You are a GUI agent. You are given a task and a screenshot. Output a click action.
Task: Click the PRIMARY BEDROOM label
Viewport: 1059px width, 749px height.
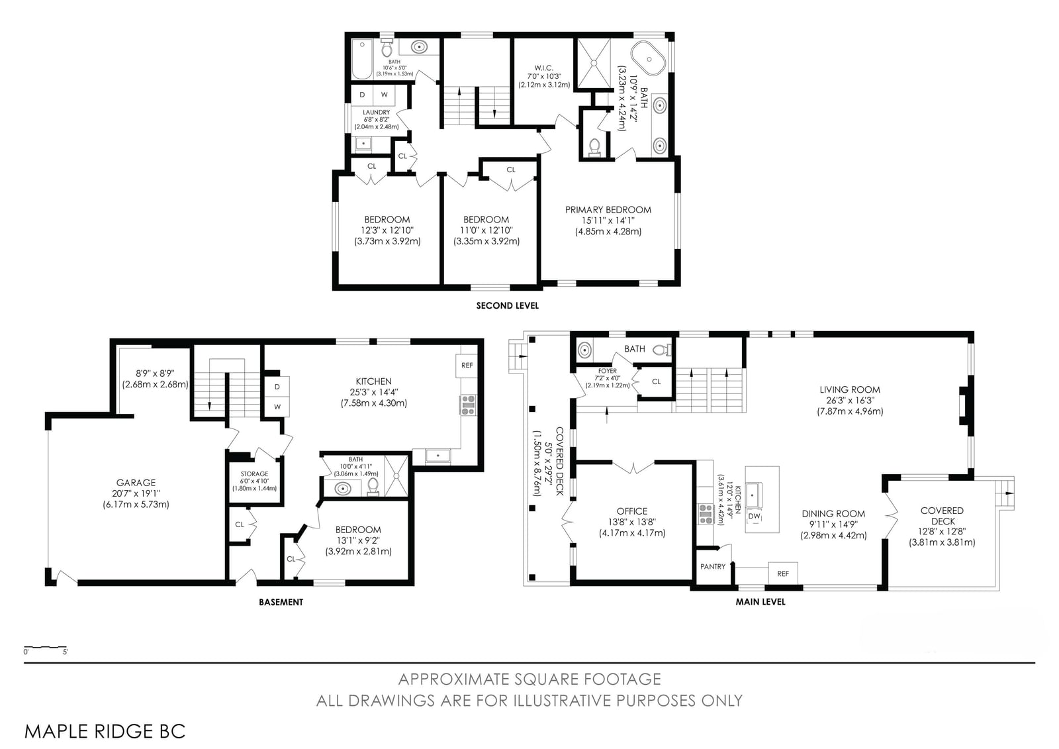coord(608,210)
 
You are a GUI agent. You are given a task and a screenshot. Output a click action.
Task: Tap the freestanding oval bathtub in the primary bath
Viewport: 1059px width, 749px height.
coord(649,59)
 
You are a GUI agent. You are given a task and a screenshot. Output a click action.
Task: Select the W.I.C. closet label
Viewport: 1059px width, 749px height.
coord(543,68)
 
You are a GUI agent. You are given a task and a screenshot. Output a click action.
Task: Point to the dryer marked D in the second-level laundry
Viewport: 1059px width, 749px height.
coord(362,95)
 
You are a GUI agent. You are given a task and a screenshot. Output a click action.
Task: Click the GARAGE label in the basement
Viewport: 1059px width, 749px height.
coord(136,483)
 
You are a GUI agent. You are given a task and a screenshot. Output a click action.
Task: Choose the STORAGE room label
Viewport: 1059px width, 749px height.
coord(254,474)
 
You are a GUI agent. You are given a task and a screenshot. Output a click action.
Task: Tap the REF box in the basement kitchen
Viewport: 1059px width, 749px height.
coord(467,366)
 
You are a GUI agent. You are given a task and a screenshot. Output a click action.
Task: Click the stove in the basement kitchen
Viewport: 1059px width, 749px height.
coord(468,405)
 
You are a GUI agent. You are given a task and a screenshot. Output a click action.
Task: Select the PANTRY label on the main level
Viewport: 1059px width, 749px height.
coord(712,566)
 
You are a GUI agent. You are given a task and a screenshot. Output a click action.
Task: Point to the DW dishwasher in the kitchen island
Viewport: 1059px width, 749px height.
coord(754,516)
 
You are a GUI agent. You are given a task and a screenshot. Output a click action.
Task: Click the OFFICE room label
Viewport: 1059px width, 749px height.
coord(631,511)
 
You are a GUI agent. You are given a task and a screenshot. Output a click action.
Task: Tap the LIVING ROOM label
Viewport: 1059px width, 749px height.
coord(850,389)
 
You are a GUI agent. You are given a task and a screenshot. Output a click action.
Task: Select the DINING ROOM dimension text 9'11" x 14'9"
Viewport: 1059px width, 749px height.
coord(833,524)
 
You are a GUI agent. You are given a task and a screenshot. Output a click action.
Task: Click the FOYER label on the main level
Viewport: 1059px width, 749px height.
coord(608,371)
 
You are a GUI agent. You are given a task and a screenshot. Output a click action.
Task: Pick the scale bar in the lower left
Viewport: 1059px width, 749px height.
coord(45,647)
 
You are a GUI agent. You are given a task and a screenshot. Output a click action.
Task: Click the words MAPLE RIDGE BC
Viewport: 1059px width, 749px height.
coord(105,732)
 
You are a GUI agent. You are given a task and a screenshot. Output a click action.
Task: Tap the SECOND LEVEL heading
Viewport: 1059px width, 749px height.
coord(507,306)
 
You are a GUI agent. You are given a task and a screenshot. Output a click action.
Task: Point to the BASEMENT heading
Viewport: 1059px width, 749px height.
coord(281,602)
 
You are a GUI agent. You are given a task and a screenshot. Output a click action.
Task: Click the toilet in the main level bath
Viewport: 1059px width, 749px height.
coord(662,350)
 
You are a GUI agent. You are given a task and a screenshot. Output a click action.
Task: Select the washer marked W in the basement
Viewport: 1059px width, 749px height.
coord(277,407)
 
